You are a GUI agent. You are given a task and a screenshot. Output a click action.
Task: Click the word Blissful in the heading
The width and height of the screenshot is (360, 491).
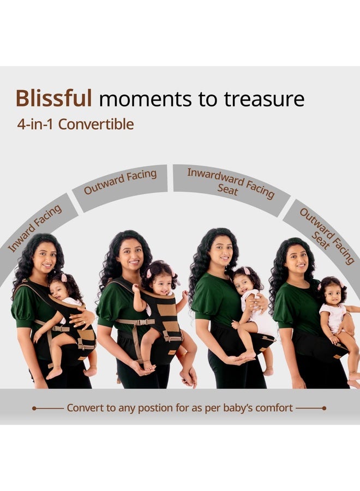coord(53,98)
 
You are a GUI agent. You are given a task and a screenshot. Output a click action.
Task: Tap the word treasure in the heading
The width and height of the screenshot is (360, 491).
coord(264,99)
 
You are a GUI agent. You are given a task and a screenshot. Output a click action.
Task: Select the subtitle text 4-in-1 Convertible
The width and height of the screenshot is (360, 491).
coord(75,124)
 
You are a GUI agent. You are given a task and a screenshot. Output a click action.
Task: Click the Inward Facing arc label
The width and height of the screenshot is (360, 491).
coord(35,228)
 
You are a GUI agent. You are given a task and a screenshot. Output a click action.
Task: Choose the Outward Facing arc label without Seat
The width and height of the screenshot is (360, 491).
coord(120,182)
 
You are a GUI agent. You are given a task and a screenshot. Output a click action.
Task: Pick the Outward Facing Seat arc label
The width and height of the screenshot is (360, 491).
coord(326,236)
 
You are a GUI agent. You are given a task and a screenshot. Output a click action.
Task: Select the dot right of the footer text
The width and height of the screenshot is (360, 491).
coord(325,408)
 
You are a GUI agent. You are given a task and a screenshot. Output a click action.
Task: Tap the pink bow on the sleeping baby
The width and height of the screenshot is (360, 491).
coord(64,278)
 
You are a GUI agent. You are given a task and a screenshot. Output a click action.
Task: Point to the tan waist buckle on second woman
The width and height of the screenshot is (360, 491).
coord(141,322)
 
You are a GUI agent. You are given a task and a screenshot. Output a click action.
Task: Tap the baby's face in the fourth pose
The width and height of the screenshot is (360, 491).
coord(333,295)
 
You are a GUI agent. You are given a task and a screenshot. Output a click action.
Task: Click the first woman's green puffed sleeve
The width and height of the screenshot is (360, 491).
coord(22,308)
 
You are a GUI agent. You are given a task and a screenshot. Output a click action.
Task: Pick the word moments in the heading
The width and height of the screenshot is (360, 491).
coord(145,99)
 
